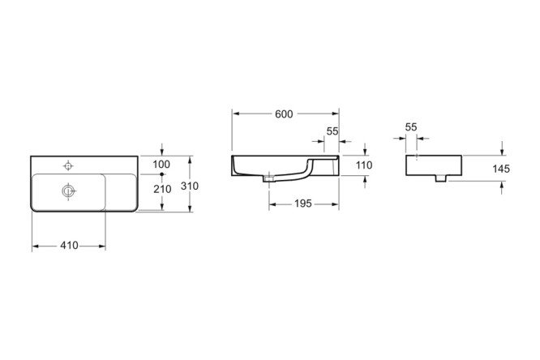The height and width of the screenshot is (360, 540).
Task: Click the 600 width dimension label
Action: point(284,114)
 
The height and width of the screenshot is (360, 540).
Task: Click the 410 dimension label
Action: point(69,246)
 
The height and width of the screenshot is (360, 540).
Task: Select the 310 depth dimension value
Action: point(190,186)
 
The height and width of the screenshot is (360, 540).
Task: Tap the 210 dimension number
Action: point(162,189)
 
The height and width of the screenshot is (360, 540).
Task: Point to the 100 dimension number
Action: point(161,165)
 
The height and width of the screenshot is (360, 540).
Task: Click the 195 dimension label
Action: point(303,204)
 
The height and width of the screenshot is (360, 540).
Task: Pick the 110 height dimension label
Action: point(364,165)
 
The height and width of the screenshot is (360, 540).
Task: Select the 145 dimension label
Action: point(501,169)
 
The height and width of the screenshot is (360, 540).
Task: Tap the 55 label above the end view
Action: point(411,127)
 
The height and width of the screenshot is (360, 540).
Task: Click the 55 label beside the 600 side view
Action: point(332,131)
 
